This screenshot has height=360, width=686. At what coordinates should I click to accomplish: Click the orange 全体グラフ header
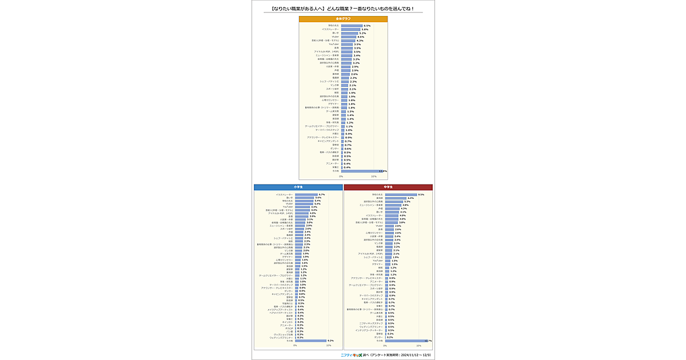343,19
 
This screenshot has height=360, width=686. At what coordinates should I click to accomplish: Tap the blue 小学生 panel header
298,187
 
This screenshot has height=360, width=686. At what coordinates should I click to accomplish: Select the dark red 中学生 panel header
388,187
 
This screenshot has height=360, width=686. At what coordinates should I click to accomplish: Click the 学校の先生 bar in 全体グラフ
352,26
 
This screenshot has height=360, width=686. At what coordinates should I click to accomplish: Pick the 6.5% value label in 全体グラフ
367,26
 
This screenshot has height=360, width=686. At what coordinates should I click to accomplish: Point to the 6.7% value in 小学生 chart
322,195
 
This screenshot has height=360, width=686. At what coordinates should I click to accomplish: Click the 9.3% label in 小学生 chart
330,341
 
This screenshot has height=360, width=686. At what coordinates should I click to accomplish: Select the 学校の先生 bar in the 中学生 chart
401,195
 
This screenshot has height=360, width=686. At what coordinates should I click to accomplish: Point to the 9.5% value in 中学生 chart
421,195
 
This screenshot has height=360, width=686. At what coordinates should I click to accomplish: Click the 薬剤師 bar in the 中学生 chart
396,198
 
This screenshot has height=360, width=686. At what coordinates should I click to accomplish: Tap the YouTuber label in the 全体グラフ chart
334,44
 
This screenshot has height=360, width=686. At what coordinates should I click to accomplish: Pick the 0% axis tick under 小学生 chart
296,346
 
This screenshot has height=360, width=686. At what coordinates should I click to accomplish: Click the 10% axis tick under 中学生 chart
418,346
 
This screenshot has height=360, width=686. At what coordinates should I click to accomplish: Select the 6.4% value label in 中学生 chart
411,198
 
